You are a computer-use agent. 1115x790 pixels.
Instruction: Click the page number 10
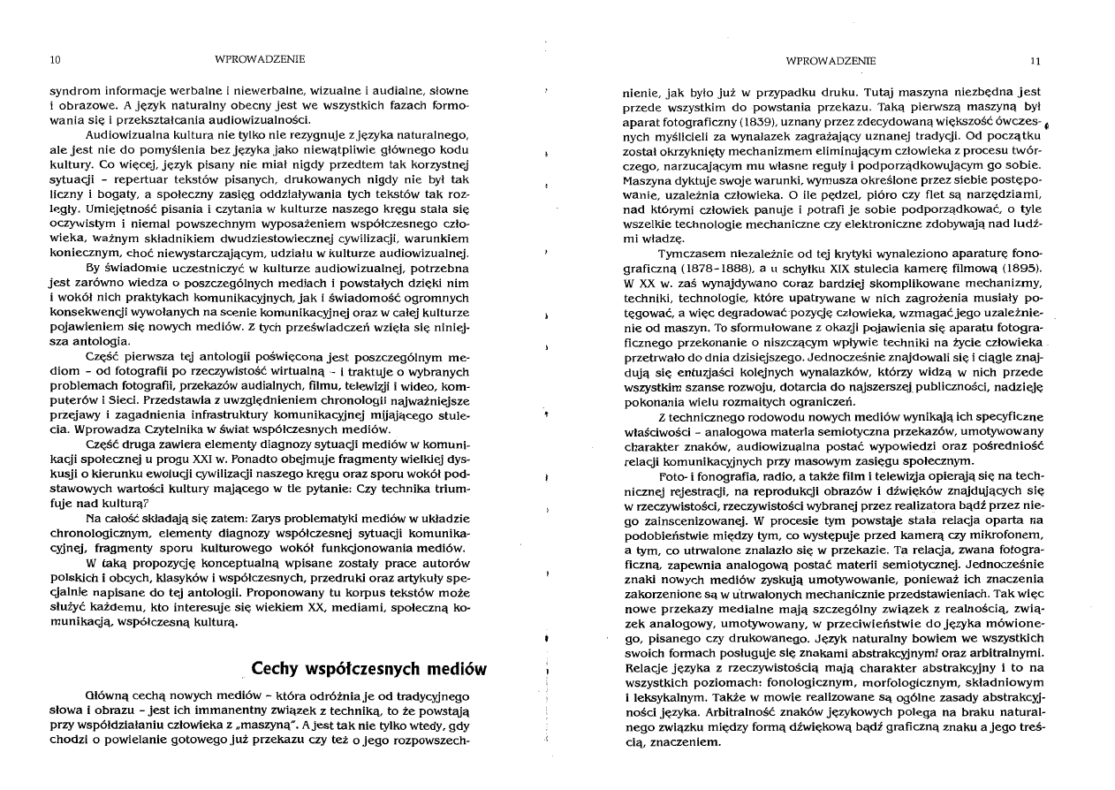[55, 59]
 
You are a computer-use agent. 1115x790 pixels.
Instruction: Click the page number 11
[1035, 60]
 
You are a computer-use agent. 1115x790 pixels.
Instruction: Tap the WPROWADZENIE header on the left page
[259, 59]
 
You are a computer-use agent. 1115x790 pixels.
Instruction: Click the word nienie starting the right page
[641, 91]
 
